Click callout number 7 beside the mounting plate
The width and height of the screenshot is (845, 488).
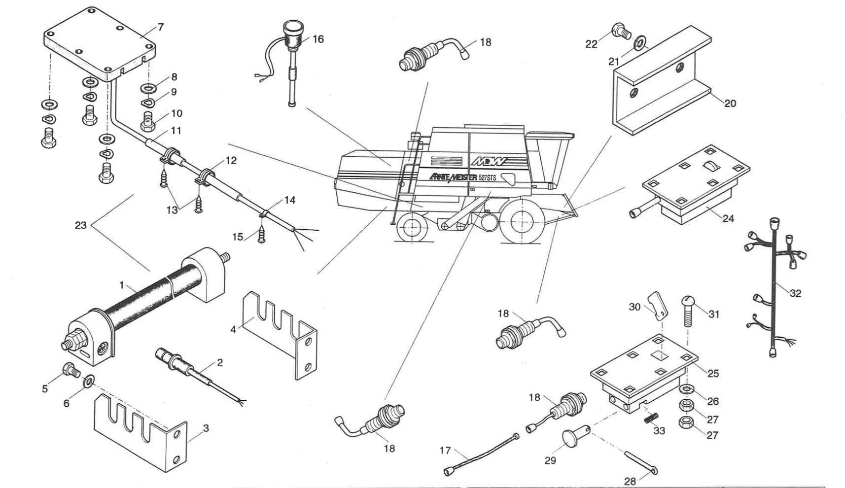(x=161, y=28)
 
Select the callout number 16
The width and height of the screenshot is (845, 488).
(x=318, y=39)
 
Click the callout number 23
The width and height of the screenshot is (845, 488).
(x=80, y=225)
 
